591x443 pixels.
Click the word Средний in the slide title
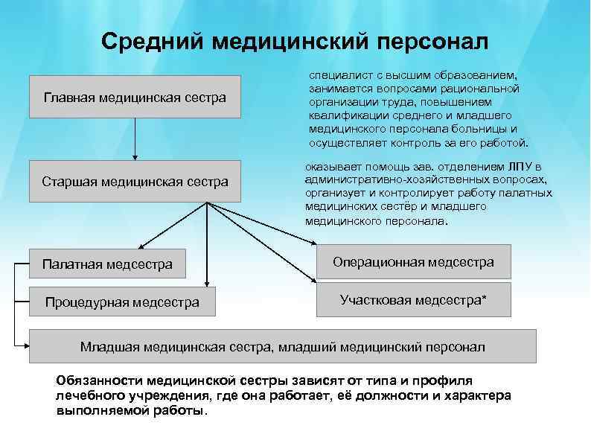[x=151, y=42]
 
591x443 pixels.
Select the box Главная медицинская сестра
[x=135, y=97]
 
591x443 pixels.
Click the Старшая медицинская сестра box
[x=135, y=182]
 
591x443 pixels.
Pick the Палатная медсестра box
[x=107, y=264]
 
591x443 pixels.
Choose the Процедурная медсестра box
[x=122, y=302]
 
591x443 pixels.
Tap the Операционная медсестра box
[x=413, y=262]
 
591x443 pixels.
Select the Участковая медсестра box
[x=413, y=300]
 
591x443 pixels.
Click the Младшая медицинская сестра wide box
[x=282, y=346]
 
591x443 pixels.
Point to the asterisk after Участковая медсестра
[x=485, y=299]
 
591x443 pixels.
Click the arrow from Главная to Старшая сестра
[x=135, y=138]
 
